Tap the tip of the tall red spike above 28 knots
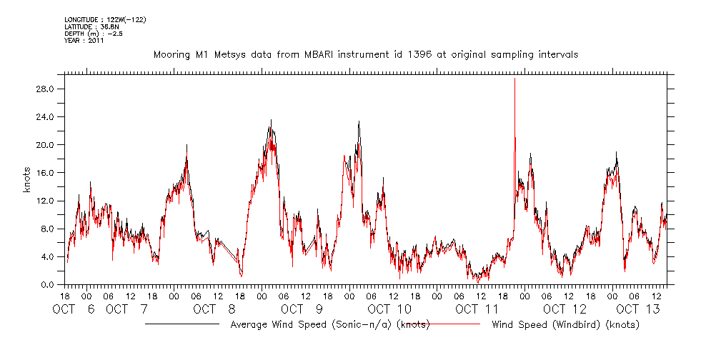click(514, 78)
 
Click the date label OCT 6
click(74, 309)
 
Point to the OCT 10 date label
click(389, 309)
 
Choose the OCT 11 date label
click(477, 309)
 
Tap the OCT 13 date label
click(637, 309)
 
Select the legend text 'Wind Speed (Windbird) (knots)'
click(565, 325)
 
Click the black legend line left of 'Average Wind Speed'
click(182, 324)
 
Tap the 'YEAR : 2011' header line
click(84, 41)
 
